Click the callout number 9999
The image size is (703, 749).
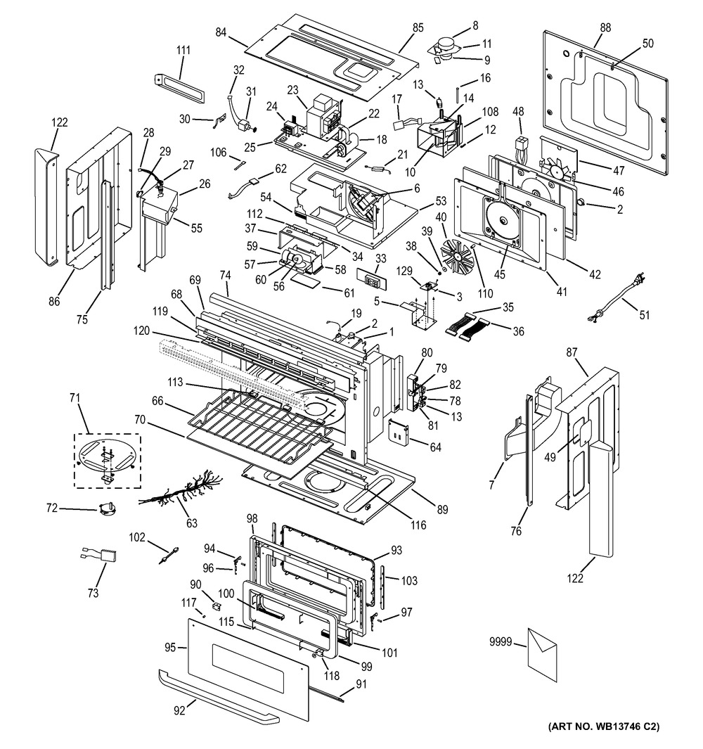(501, 641)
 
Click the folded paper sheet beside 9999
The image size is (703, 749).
(541, 648)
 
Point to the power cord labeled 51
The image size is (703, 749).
(619, 299)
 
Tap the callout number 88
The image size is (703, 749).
(605, 28)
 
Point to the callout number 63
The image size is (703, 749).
(191, 523)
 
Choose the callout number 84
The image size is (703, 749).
(221, 32)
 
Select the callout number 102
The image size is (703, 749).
(136, 538)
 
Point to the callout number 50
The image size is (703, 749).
(647, 44)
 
